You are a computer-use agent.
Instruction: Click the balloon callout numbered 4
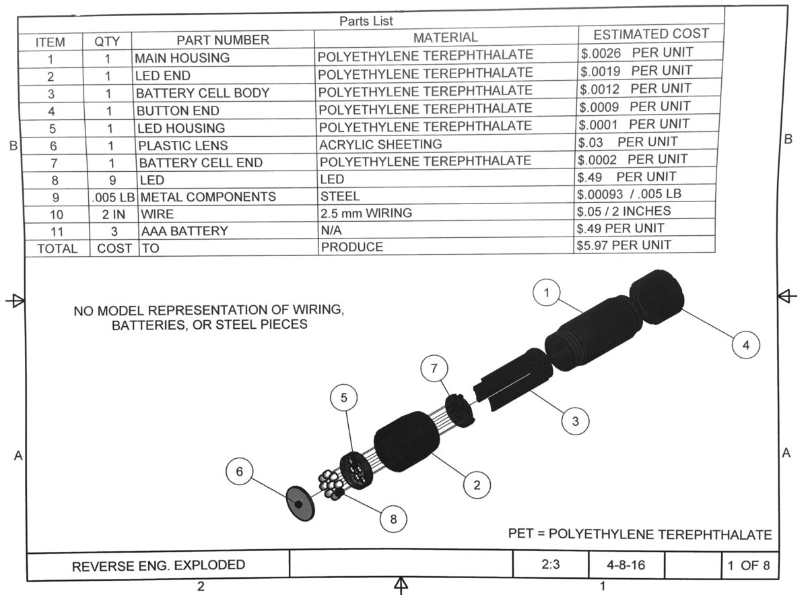[745, 344]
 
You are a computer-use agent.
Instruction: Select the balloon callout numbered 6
[239, 472]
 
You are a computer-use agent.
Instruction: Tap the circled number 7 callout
[434, 369]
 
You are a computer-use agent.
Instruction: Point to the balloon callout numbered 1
[547, 293]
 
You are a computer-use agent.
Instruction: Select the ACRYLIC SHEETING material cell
[381, 144]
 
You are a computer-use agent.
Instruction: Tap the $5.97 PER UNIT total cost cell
[624, 244]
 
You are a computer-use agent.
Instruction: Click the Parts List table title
[366, 21]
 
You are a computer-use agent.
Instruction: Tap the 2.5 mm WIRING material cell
[366, 214]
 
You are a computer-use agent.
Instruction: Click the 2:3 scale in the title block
[549, 565]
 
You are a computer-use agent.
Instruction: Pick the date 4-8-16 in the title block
[626, 565]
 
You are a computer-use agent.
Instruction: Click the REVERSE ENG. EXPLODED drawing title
[159, 565]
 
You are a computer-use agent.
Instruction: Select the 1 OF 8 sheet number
[748, 565]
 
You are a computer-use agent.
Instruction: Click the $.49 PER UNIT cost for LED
[628, 177]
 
